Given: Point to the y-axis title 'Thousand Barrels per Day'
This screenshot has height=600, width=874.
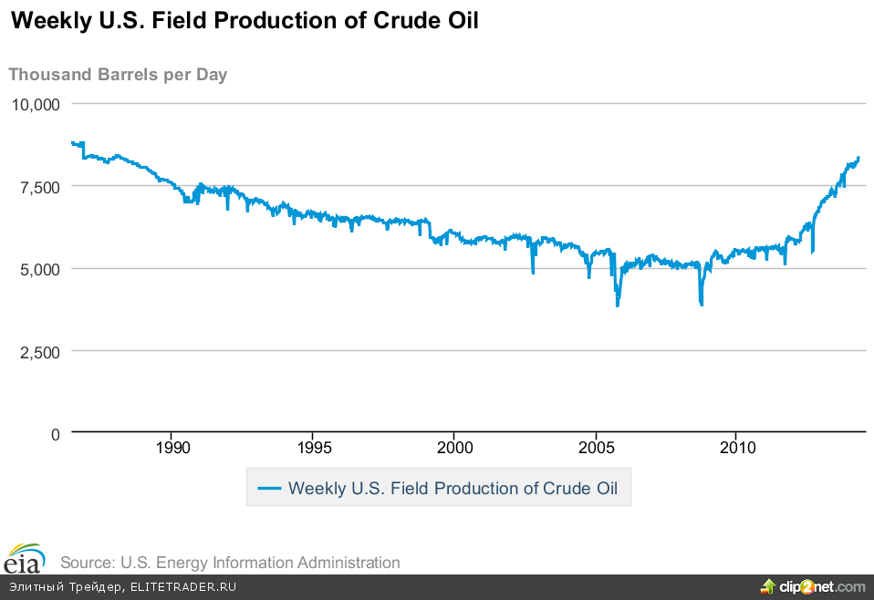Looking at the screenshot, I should click(118, 75).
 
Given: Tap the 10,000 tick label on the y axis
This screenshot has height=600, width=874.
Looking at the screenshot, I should click(35, 104).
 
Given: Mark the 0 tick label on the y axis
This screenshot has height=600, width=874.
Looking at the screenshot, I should click(55, 434).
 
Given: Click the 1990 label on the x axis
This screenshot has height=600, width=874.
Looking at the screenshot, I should click(172, 448).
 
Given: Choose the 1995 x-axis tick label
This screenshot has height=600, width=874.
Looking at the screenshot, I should click(314, 448).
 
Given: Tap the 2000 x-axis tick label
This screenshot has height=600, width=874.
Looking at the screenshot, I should click(454, 448).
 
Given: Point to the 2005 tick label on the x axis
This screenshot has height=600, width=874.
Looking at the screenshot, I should click(596, 448).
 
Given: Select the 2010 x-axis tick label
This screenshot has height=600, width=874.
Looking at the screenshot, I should click(737, 448).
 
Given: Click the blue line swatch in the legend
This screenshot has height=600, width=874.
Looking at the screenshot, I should click(269, 489).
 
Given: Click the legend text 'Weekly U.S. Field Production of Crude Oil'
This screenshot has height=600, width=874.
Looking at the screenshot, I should click(453, 489).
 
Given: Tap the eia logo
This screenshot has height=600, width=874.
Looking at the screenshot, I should click(25, 557).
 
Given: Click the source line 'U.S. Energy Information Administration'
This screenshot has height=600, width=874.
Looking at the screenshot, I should click(230, 563).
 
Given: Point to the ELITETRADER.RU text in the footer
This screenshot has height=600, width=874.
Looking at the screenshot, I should click(183, 587).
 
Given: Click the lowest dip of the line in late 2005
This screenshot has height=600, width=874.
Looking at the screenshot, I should click(618, 305).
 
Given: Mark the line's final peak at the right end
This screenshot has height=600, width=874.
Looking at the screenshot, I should click(858, 158).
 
